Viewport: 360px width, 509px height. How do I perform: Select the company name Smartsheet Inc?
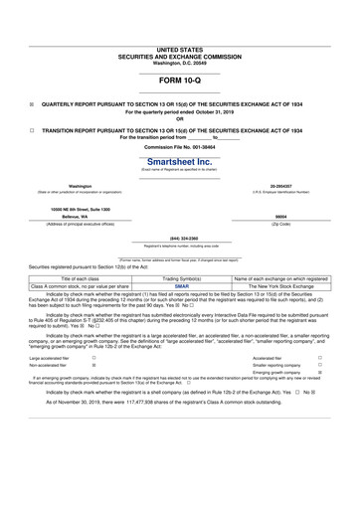[x=179, y=160]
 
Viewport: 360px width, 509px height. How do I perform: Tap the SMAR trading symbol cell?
[x=181, y=286]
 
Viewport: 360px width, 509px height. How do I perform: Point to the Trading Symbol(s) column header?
[x=181, y=278]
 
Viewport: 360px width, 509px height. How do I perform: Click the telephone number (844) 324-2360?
[x=179, y=239]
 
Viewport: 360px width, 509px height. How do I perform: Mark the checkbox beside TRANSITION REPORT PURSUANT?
[x=32, y=130]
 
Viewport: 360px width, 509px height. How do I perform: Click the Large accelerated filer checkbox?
[x=93, y=357]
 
